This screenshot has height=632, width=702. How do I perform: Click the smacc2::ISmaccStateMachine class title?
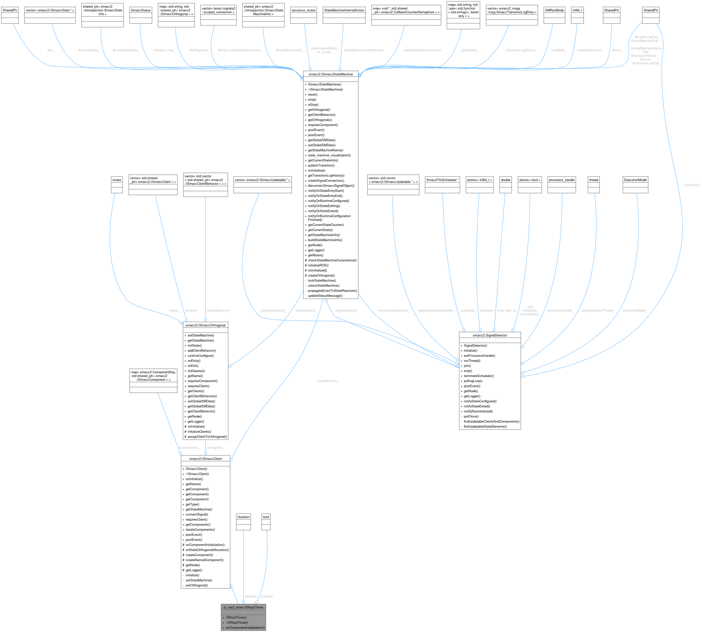click(330, 74)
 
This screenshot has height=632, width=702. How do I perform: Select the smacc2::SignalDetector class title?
click(490, 335)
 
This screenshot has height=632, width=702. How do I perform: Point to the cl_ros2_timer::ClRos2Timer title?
click(243, 607)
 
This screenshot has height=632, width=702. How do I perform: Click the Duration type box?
click(243, 517)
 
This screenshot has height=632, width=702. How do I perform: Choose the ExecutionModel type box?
click(635, 180)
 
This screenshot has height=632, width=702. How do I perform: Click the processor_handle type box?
click(562, 180)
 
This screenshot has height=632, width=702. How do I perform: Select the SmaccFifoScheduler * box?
click(442, 180)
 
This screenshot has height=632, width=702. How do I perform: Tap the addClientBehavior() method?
click(202, 351)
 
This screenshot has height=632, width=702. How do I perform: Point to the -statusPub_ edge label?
click(692, 185)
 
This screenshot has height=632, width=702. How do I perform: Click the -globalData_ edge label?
click(469, 50)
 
